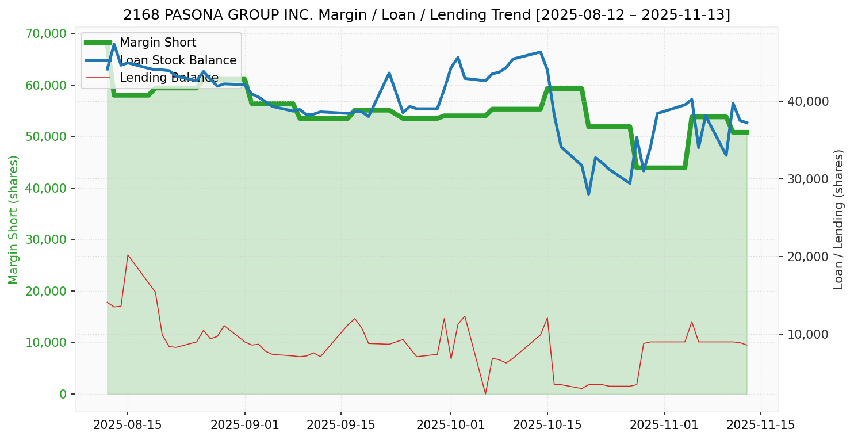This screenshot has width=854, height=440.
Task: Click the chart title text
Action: [x=427, y=14]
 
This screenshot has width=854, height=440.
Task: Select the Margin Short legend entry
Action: [x=158, y=43]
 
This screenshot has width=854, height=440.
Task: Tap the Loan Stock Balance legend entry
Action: [x=178, y=60]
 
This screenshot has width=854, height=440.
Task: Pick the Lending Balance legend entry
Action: [x=168, y=78]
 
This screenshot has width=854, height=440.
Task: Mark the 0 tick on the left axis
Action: [x=63, y=394]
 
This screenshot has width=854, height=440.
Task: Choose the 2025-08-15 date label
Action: [x=127, y=425]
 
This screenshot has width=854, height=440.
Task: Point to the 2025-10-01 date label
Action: [x=450, y=425]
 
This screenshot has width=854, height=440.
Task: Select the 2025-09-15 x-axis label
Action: [x=340, y=425]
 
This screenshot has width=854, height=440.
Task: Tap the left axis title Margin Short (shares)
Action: [x=13, y=219]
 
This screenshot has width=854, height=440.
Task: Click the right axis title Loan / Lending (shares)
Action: [x=839, y=219]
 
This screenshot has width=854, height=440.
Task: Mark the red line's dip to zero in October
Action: [x=485, y=393]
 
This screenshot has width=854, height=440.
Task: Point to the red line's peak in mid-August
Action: [x=128, y=255]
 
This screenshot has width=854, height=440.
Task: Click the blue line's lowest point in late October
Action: [x=588, y=194]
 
